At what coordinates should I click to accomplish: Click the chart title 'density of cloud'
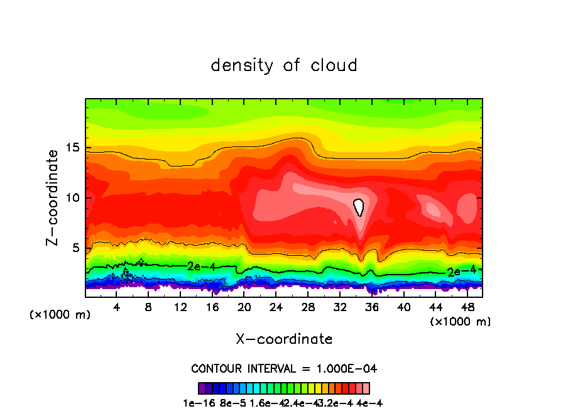[284, 65]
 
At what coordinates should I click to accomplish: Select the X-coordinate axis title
[284, 339]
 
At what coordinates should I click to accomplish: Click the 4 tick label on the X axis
[117, 307]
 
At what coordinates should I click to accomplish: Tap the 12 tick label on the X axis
[180, 307]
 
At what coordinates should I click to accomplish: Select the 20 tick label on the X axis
[244, 307]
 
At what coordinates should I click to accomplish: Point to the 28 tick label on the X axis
[308, 307]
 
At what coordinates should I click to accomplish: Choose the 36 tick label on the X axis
[371, 307]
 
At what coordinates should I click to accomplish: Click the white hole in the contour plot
[359, 206]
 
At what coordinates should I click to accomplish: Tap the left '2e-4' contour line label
[201, 266]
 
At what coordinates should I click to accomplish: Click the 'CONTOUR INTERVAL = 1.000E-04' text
[284, 368]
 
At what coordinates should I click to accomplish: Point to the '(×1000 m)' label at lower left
[60, 315]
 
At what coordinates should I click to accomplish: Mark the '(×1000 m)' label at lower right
[460, 322]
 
